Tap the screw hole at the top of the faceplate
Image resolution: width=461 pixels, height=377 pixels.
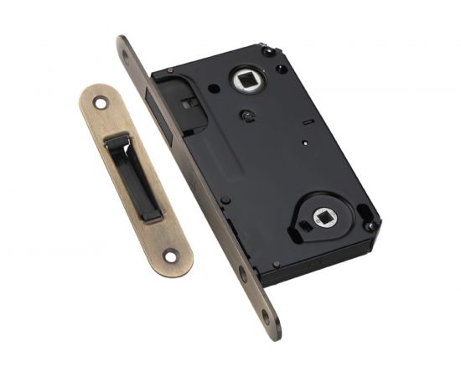coord(127,56)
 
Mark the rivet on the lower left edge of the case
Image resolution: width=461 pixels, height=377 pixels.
coord(225,200)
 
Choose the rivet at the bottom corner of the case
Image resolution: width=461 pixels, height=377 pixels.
coord(276,264)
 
